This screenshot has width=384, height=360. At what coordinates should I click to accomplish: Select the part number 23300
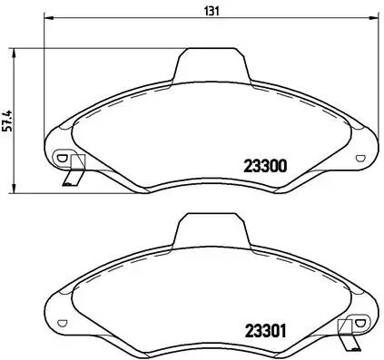pos(265,166)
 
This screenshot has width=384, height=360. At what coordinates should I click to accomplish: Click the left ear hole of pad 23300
pos(62,157)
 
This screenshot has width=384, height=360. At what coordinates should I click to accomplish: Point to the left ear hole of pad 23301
pos(62,322)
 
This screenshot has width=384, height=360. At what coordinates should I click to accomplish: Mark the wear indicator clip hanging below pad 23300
pos(73,174)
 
